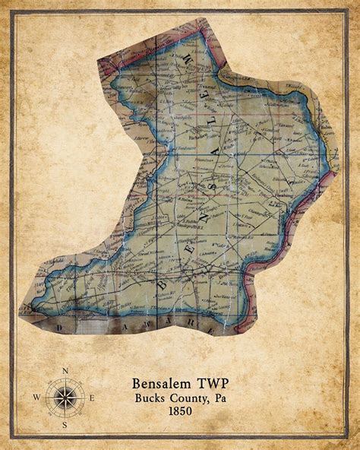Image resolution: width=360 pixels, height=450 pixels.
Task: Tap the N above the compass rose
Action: pos(65,370)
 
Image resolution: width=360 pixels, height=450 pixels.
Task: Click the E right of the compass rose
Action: pos(92,397)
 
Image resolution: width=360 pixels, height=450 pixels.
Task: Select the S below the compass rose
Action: pos(65,425)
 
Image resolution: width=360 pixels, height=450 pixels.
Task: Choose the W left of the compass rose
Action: pos(36,397)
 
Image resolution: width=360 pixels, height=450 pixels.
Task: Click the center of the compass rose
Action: pos(65,397)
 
